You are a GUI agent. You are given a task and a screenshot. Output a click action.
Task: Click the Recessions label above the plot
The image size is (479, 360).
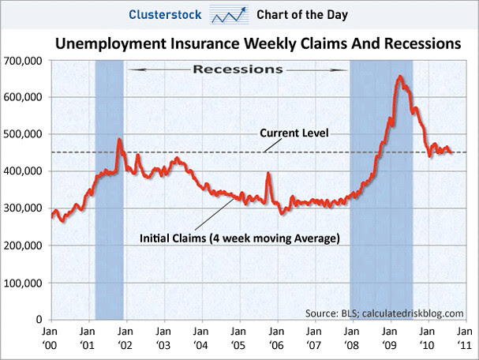[x=238, y=69]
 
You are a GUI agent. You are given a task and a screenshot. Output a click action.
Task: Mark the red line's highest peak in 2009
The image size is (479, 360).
[x=401, y=77]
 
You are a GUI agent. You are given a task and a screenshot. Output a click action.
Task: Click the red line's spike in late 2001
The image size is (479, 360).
[x=119, y=140]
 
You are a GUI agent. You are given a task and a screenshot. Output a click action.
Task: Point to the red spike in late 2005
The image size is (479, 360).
[x=268, y=173]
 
